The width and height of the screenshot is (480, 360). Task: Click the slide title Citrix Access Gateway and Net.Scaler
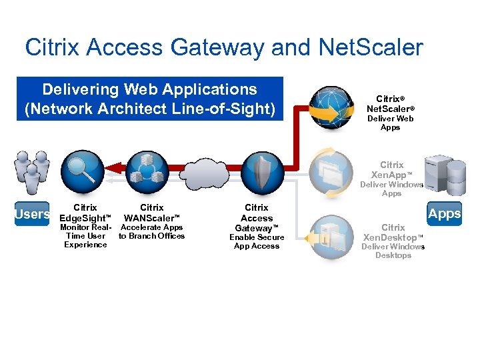[x=223, y=47]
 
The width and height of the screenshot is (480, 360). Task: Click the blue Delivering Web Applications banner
[x=150, y=99]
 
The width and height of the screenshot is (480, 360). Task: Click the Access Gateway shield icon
[x=262, y=172]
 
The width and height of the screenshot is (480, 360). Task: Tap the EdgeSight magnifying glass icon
[x=83, y=172]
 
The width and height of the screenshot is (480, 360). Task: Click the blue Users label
[x=33, y=214]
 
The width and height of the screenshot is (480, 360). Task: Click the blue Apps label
[x=445, y=213]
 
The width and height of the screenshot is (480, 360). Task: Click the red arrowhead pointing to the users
[x=112, y=171]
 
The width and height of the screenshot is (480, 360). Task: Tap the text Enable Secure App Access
[x=257, y=242]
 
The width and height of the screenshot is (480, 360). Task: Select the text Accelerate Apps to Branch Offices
[x=152, y=232]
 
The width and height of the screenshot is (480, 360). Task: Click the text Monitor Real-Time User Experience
[x=85, y=236]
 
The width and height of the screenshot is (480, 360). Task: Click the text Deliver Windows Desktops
[x=393, y=251]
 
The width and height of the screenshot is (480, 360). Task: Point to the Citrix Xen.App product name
[x=392, y=169]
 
